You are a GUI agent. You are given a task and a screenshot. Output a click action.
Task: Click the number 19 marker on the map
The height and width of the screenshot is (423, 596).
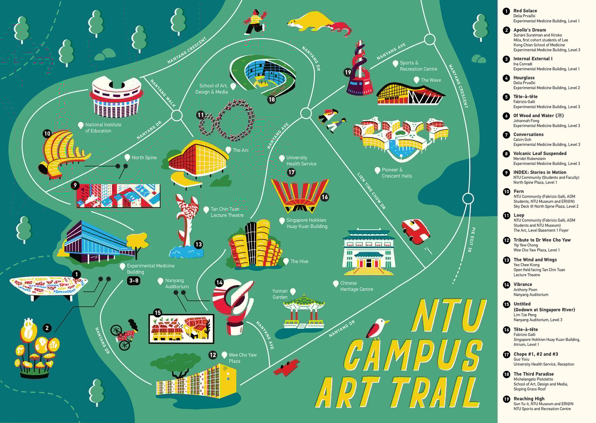348,72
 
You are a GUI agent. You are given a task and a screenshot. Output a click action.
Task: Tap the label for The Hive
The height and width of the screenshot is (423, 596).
299,261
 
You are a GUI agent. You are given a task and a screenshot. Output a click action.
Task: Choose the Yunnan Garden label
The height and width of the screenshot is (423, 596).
280,294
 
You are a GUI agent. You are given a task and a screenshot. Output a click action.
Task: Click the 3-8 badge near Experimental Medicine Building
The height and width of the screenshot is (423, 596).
134,281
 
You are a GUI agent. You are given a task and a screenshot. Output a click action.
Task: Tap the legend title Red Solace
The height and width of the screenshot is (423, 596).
525,11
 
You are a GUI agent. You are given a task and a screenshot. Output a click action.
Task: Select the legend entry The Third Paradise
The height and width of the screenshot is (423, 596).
533,374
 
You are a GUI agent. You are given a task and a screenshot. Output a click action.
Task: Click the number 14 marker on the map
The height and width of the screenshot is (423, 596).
219,283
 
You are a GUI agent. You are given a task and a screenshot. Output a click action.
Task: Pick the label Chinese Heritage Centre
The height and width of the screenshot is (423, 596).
356,286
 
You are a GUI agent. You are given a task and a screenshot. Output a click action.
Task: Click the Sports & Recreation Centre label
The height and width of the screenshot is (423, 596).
418,66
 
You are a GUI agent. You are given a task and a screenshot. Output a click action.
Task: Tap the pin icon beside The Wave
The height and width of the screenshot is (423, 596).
417,80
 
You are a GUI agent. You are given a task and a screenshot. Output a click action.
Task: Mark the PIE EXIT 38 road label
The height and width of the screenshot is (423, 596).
471,239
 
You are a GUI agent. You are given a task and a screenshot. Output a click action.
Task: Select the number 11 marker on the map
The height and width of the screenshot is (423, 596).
201,115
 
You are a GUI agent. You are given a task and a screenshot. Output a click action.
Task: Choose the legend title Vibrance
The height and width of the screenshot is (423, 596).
522,284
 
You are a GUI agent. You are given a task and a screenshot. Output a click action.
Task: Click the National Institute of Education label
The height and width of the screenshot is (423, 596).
103,128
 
